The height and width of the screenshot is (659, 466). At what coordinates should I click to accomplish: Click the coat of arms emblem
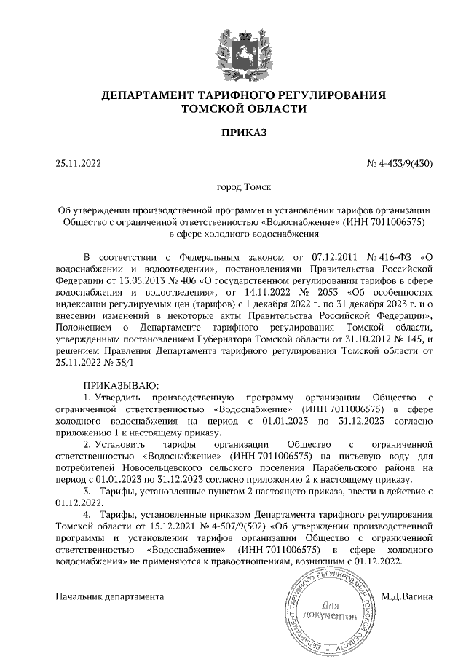coord(234,50)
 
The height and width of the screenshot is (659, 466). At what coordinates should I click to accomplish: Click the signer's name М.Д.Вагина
coord(406,596)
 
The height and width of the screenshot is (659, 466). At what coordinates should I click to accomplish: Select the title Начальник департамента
coord(110,596)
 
